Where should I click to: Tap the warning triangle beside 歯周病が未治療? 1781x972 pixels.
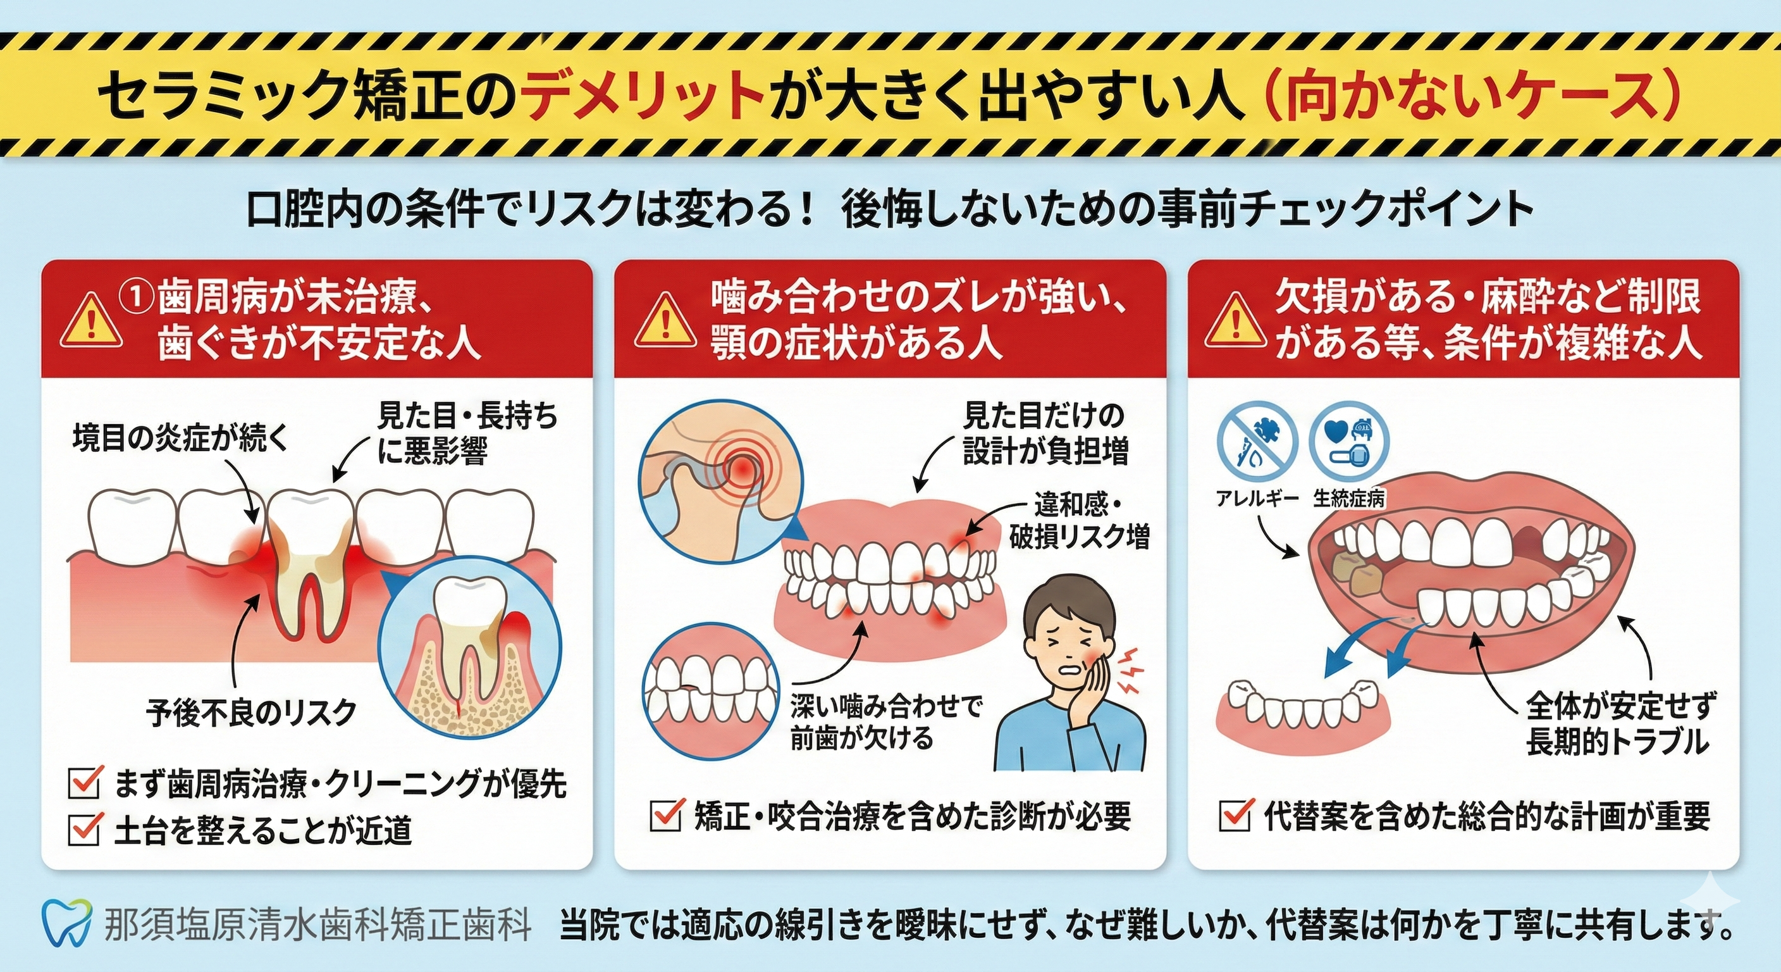90,321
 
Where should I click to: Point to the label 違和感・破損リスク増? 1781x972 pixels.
1078,520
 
